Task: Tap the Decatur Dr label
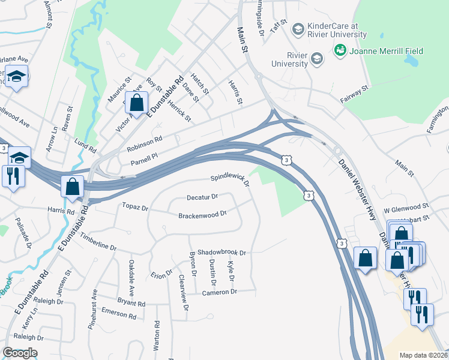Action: pyautogui.click(x=202, y=196)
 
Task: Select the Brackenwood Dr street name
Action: pyautogui.click(x=202, y=214)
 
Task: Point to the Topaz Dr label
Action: pyautogui.click(x=135, y=207)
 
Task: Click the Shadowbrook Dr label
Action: pyautogui.click(x=222, y=253)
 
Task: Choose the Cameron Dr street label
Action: pyautogui.click(x=220, y=292)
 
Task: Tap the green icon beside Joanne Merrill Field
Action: pyautogui.click(x=340, y=52)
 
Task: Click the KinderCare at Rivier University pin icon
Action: pyautogui.click(x=297, y=29)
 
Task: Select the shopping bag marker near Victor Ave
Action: pyautogui.click(x=137, y=103)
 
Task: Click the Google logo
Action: pyautogui.click(x=20, y=353)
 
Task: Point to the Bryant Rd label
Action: pyautogui.click(x=131, y=302)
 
